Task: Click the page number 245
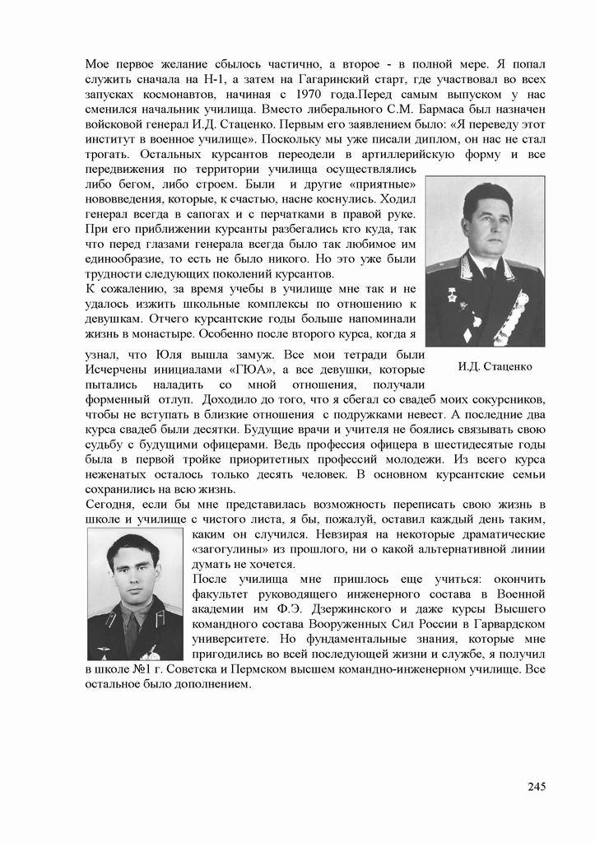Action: [x=536, y=786]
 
